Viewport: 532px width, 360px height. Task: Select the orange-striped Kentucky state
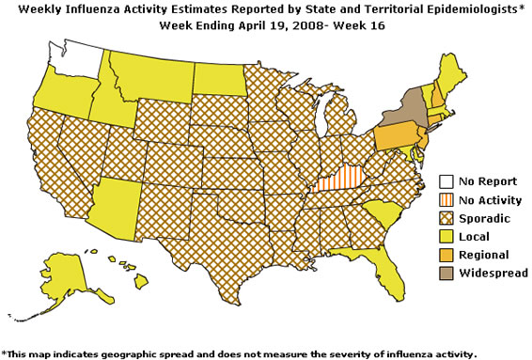coord(340,177)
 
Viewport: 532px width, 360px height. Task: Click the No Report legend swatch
coord(447,181)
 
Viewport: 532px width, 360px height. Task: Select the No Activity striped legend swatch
coord(447,199)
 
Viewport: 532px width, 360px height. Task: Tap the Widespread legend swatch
coord(447,273)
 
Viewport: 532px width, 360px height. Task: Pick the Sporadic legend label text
coord(487,218)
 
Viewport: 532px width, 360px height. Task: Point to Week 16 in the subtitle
coord(362,25)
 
